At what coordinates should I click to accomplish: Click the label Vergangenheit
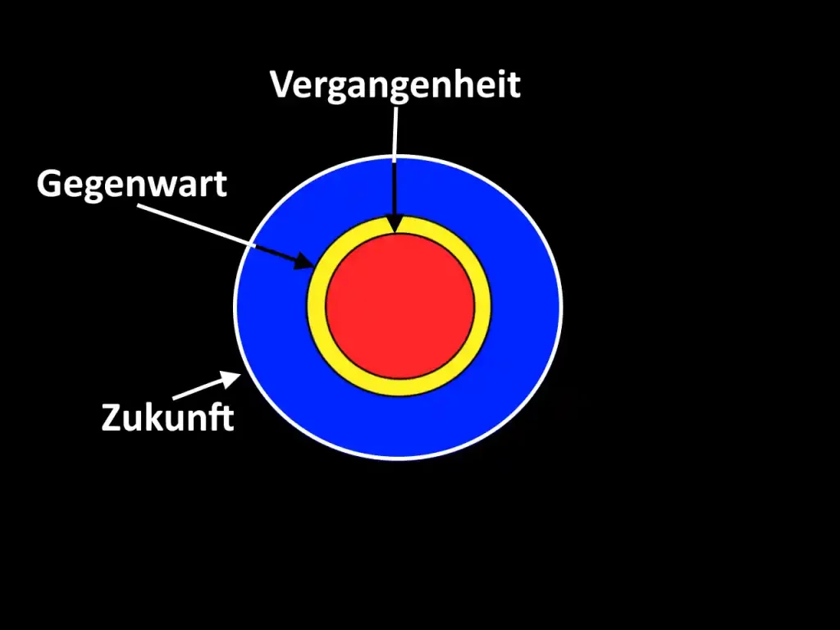pos(395,84)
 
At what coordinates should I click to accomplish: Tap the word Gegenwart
pos(131,184)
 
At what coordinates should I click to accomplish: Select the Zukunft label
pos(168,417)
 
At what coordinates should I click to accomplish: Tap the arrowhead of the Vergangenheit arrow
pos(396,225)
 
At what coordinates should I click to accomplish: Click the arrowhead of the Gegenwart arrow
pos(305,262)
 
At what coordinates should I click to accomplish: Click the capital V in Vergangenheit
pos(282,84)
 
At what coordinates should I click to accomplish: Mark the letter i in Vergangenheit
pos(502,84)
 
